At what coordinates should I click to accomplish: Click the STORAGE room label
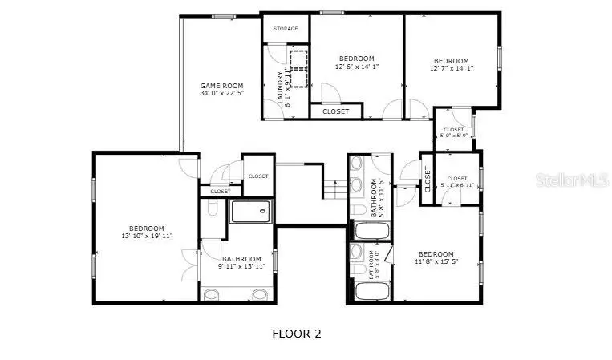pos(286,29)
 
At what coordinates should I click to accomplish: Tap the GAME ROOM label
pos(221,85)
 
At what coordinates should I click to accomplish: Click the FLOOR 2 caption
pos(297,334)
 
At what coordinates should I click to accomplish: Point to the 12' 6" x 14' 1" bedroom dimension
pos(356,67)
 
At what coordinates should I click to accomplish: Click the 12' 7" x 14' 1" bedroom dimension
pos(452,69)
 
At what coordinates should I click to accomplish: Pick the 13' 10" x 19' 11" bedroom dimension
pos(146,236)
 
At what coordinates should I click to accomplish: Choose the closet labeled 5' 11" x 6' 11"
pos(457,185)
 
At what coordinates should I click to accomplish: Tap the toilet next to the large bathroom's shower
pos(212,208)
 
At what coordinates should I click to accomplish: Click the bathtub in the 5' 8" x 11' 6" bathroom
pos(371,232)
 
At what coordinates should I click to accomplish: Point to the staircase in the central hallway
pos(334,188)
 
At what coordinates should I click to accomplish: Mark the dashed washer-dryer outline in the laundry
pos(300,67)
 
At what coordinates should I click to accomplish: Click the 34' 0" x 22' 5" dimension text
pos(221,94)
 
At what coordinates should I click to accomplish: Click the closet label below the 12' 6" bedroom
pos(335,111)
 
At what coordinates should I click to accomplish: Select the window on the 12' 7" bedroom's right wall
pos(500,59)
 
